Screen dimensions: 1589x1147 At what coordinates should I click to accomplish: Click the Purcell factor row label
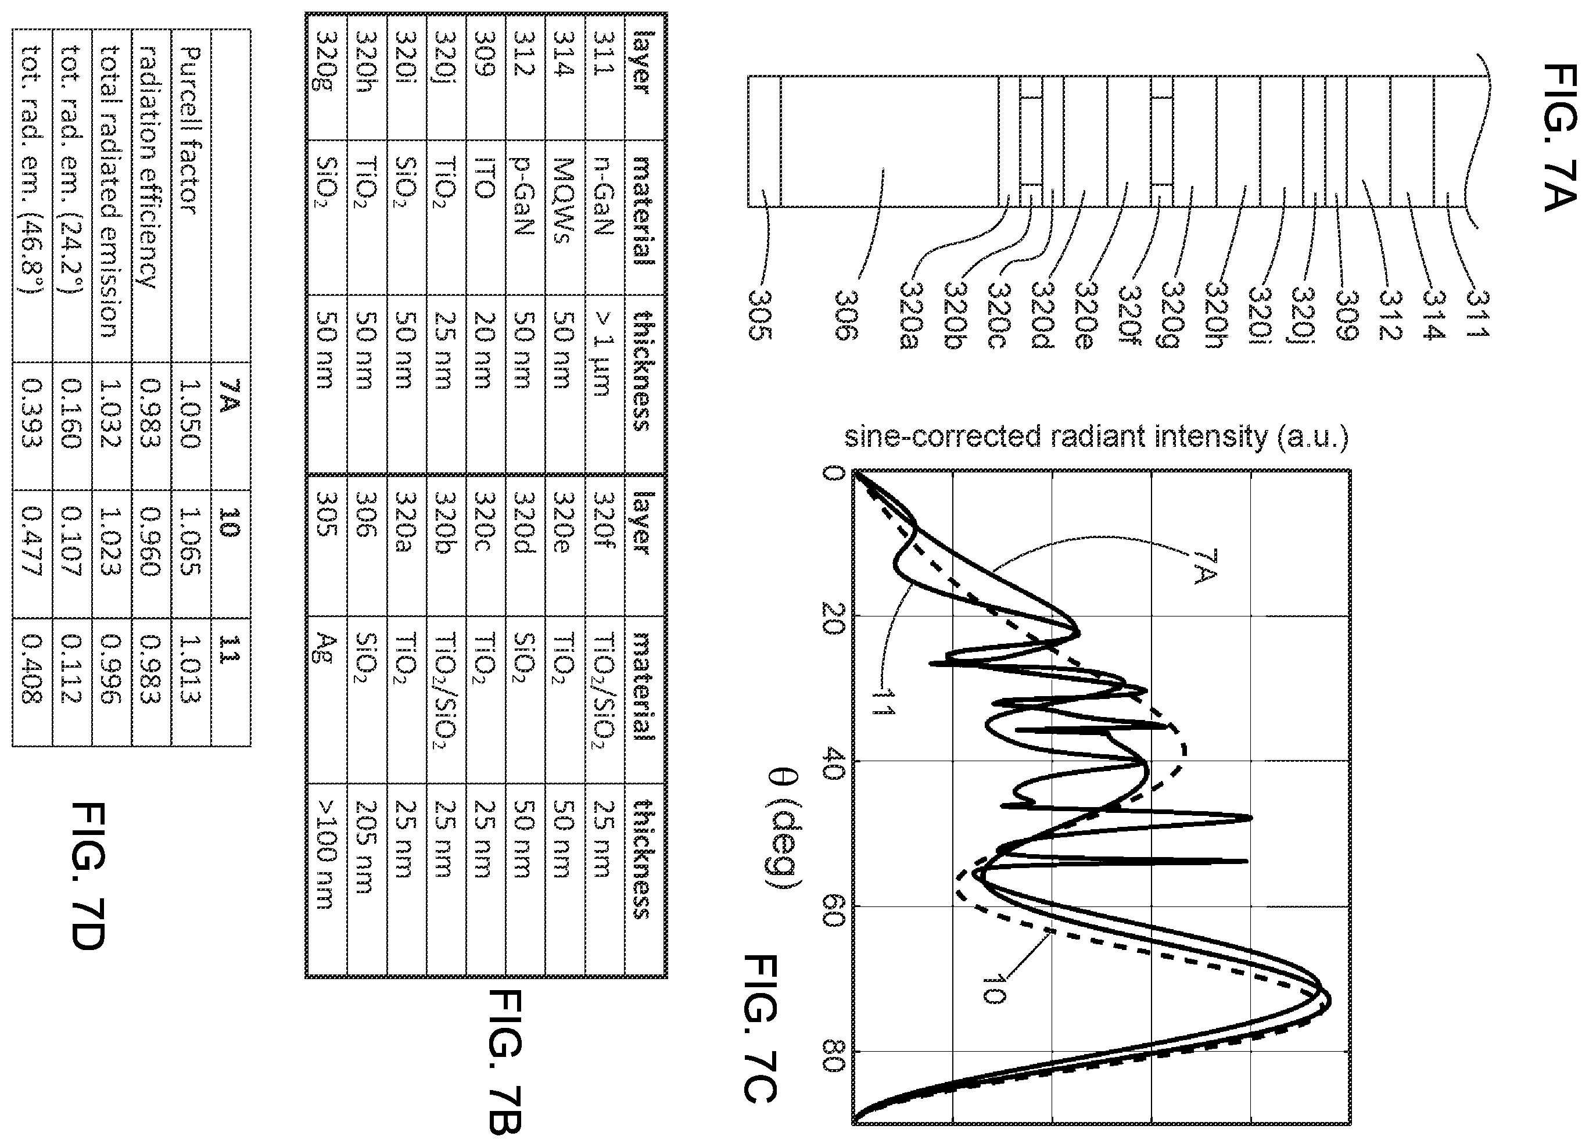[x=190, y=130]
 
